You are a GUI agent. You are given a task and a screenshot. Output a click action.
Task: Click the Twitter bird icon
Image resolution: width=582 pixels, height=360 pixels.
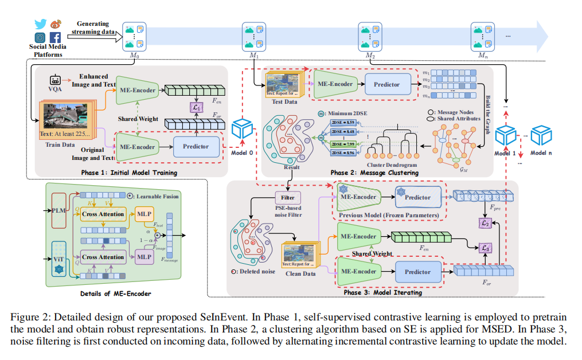coord(40,24)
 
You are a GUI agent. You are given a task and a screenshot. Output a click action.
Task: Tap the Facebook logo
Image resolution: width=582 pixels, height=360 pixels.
coord(56,38)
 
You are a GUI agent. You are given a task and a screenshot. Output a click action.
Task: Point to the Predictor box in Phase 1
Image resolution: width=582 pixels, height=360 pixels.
coord(196,146)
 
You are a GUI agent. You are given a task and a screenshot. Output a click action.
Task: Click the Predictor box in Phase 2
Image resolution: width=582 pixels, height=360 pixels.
coord(388,84)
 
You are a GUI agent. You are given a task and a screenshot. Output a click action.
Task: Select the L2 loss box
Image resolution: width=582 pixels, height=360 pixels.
coord(485,222)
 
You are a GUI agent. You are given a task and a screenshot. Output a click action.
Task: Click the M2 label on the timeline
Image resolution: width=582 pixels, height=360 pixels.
coord(370,55)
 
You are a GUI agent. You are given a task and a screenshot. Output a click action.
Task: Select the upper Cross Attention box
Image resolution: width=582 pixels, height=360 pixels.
coord(103,214)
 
